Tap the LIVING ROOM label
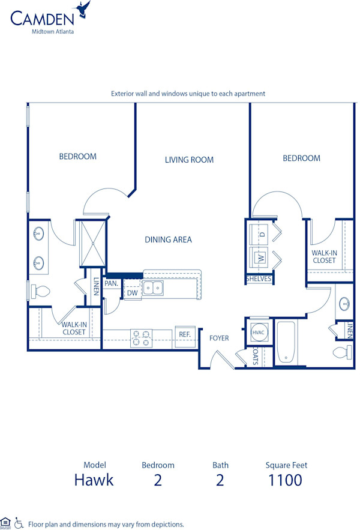(x=189, y=160)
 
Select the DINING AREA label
(x=168, y=239)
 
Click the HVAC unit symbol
(x=258, y=332)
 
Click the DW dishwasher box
(x=132, y=293)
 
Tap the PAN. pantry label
(x=111, y=283)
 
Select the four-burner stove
(x=142, y=339)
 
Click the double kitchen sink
(x=152, y=288)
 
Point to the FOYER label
(x=219, y=338)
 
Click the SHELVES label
(x=259, y=279)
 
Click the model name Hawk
(x=94, y=480)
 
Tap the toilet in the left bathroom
(x=40, y=292)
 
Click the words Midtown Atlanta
(x=53, y=32)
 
